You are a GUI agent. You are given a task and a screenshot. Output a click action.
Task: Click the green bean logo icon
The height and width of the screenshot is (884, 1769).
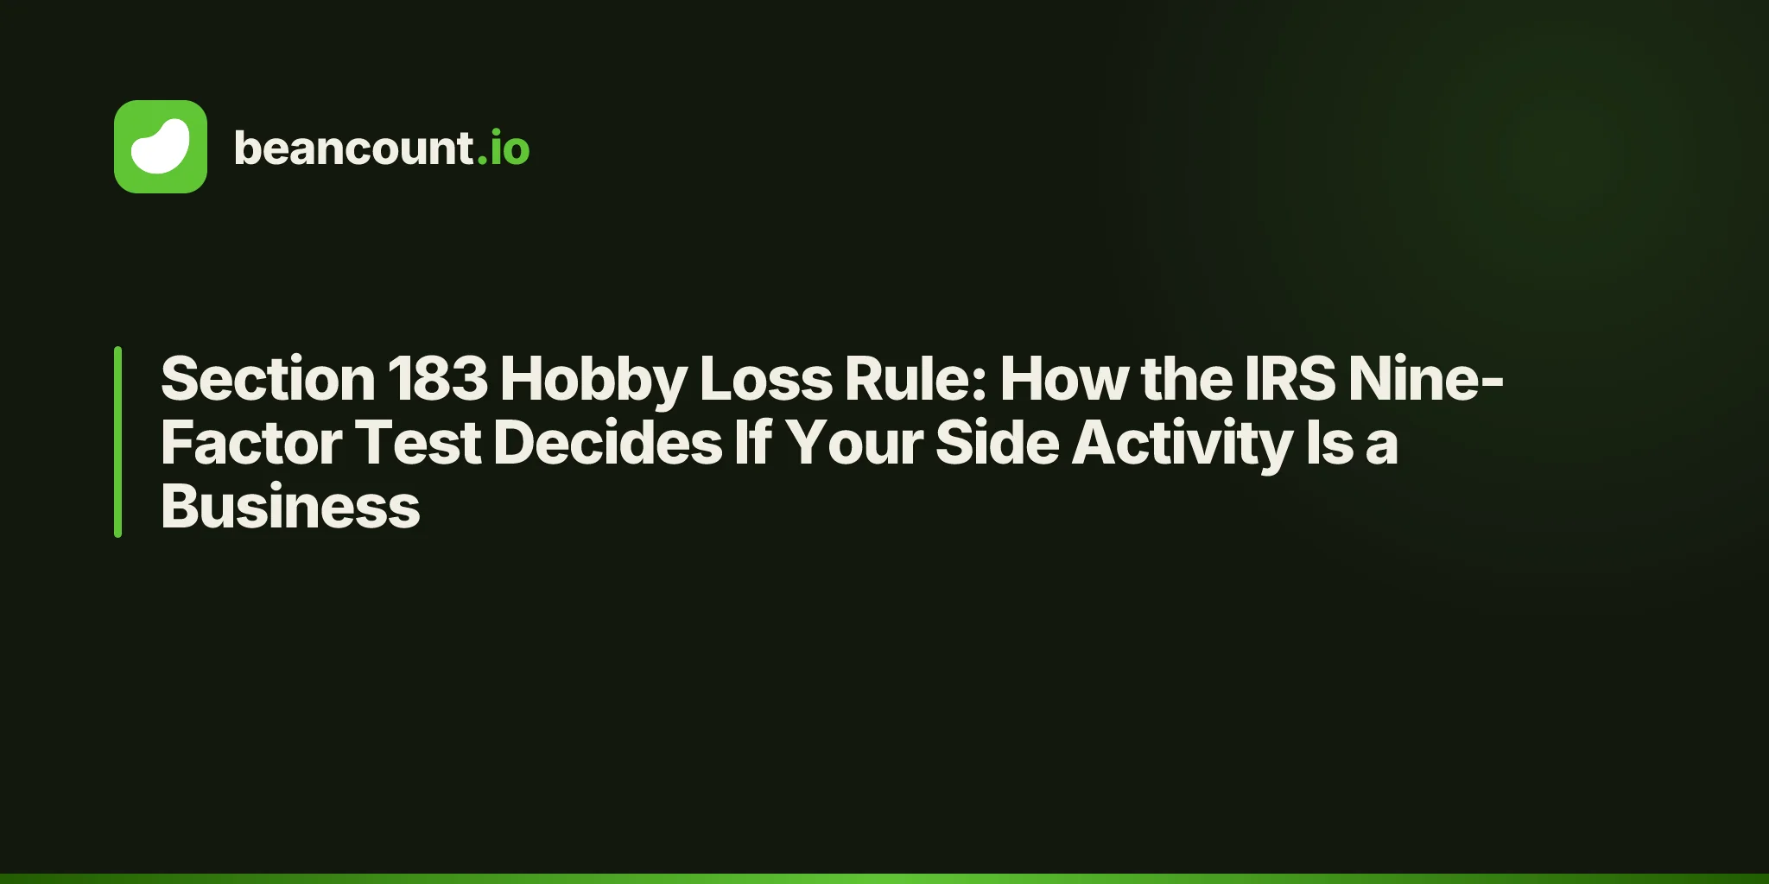click(x=161, y=147)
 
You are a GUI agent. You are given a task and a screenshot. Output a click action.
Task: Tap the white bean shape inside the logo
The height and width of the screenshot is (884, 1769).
click(x=161, y=146)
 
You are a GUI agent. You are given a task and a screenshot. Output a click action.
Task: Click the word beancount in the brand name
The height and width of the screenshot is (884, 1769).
click(x=353, y=148)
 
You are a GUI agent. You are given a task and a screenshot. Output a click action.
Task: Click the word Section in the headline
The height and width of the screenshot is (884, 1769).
click(x=268, y=379)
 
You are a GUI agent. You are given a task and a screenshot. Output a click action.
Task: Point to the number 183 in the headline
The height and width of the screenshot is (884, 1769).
click(x=438, y=379)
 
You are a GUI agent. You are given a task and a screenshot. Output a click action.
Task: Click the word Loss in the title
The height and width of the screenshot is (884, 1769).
click(x=765, y=379)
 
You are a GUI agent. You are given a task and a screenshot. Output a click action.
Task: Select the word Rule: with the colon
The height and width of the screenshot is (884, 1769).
click(x=916, y=379)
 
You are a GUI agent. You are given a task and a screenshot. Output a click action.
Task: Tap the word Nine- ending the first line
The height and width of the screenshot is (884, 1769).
click(x=1426, y=379)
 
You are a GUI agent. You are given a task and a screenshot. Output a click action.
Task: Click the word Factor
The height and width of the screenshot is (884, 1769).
click(x=251, y=443)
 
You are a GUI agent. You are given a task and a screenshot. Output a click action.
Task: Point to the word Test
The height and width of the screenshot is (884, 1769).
click(x=418, y=443)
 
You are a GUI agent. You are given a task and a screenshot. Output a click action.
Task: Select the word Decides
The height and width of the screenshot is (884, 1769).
click(x=607, y=443)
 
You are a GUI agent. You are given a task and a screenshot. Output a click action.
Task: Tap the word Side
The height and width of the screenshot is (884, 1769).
click(x=997, y=443)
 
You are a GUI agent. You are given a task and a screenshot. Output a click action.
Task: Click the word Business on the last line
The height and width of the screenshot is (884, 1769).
click(x=290, y=507)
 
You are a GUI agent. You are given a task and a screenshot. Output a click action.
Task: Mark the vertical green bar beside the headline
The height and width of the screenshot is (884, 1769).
click(x=117, y=442)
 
